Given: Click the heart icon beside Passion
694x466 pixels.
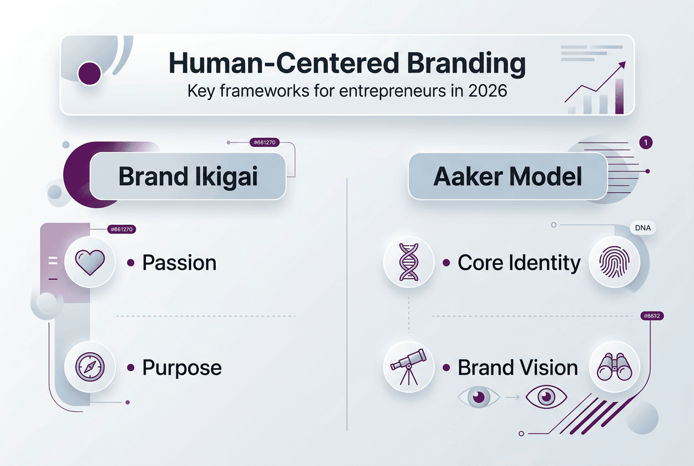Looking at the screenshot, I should (x=90, y=263).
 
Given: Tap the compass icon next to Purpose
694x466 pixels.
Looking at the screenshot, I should (x=90, y=368).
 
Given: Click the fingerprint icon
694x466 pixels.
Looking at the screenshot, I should (x=613, y=263).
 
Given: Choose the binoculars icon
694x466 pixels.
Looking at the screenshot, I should (x=613, y=367).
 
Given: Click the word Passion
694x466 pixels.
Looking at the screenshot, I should (x=179, y=263).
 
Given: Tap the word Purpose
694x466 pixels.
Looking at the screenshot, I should (x=182, y=368).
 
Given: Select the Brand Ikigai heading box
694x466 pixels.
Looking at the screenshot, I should (x=188, y=176).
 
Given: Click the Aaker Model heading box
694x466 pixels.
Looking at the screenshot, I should (x=507, y=176).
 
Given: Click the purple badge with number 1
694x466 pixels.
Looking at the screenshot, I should (x=646, y=143).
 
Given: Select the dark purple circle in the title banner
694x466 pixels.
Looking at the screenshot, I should (x=90, y=74).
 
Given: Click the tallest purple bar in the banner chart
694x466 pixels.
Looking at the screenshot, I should (x=620, y=96).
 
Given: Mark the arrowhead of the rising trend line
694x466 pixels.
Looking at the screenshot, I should (x=623, y=65).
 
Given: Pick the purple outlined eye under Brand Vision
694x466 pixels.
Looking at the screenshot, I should (x=545, y=397).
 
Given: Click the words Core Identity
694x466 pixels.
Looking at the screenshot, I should (x=519, y=263).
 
